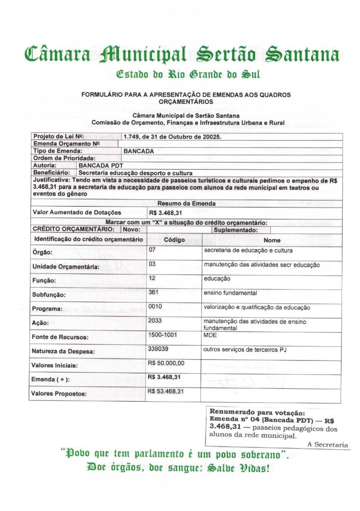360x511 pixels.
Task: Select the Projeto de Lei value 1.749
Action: point(132,137)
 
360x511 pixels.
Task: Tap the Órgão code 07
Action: point(152,250)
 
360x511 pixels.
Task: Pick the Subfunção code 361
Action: point(154,292)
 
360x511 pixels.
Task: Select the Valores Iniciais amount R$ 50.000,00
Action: point(166,363)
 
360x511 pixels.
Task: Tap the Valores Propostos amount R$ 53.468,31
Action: point(166,391)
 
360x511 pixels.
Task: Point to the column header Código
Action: point(175,240)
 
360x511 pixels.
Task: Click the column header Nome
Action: point(272,240)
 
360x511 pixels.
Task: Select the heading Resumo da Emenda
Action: point(186,204)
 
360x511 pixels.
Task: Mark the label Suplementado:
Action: point(235,230)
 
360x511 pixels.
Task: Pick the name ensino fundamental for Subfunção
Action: point(230,292)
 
